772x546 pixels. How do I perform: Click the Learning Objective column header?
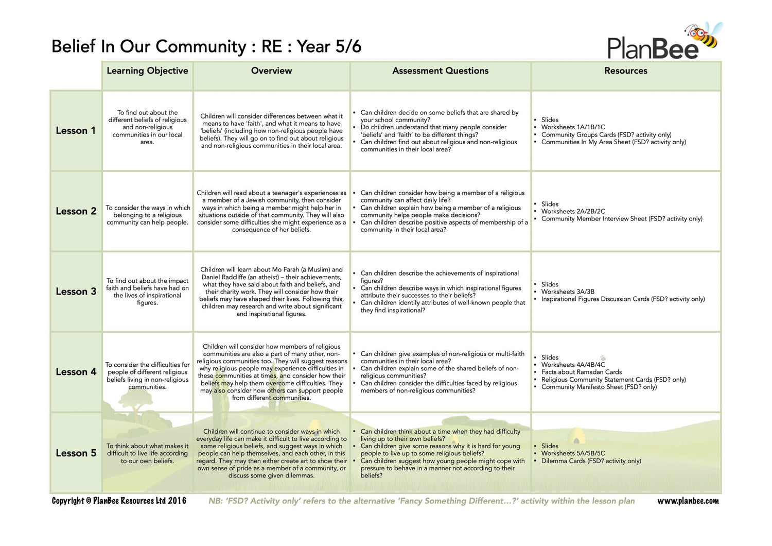point(147,71)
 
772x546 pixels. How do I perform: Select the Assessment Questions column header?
point(440,71)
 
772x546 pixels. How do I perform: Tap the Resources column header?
point(625,71)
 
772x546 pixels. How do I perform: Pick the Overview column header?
point(271,71)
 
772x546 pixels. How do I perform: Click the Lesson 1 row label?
point(76,131)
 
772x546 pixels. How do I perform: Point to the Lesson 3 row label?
point(76,292)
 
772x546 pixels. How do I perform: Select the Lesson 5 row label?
point(76,453)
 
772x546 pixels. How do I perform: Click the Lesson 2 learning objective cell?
point(148,215)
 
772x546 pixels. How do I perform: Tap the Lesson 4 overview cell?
point(271,372)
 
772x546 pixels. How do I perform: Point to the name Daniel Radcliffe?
point(223,277)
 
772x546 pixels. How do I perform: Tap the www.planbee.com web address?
point(688,501)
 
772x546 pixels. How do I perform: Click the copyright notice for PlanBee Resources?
point(119,501)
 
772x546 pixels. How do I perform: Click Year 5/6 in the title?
point(329,47)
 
